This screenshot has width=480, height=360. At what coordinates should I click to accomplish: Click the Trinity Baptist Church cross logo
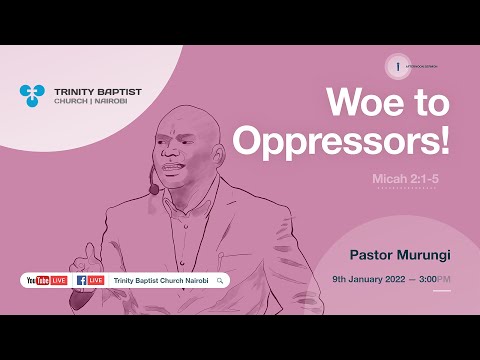[32, 95]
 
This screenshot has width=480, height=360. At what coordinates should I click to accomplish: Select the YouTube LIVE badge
[46, 280]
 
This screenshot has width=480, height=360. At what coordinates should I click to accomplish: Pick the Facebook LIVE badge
[90, 280]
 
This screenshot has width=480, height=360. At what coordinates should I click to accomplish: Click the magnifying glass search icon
[219, 280]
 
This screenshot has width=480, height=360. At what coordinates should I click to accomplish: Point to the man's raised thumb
[91, 250]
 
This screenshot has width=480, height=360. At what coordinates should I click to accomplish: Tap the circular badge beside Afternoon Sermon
[398, 65]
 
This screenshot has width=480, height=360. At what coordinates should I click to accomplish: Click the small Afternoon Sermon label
[423, 66]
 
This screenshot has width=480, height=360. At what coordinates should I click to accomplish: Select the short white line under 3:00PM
[442, 291]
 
